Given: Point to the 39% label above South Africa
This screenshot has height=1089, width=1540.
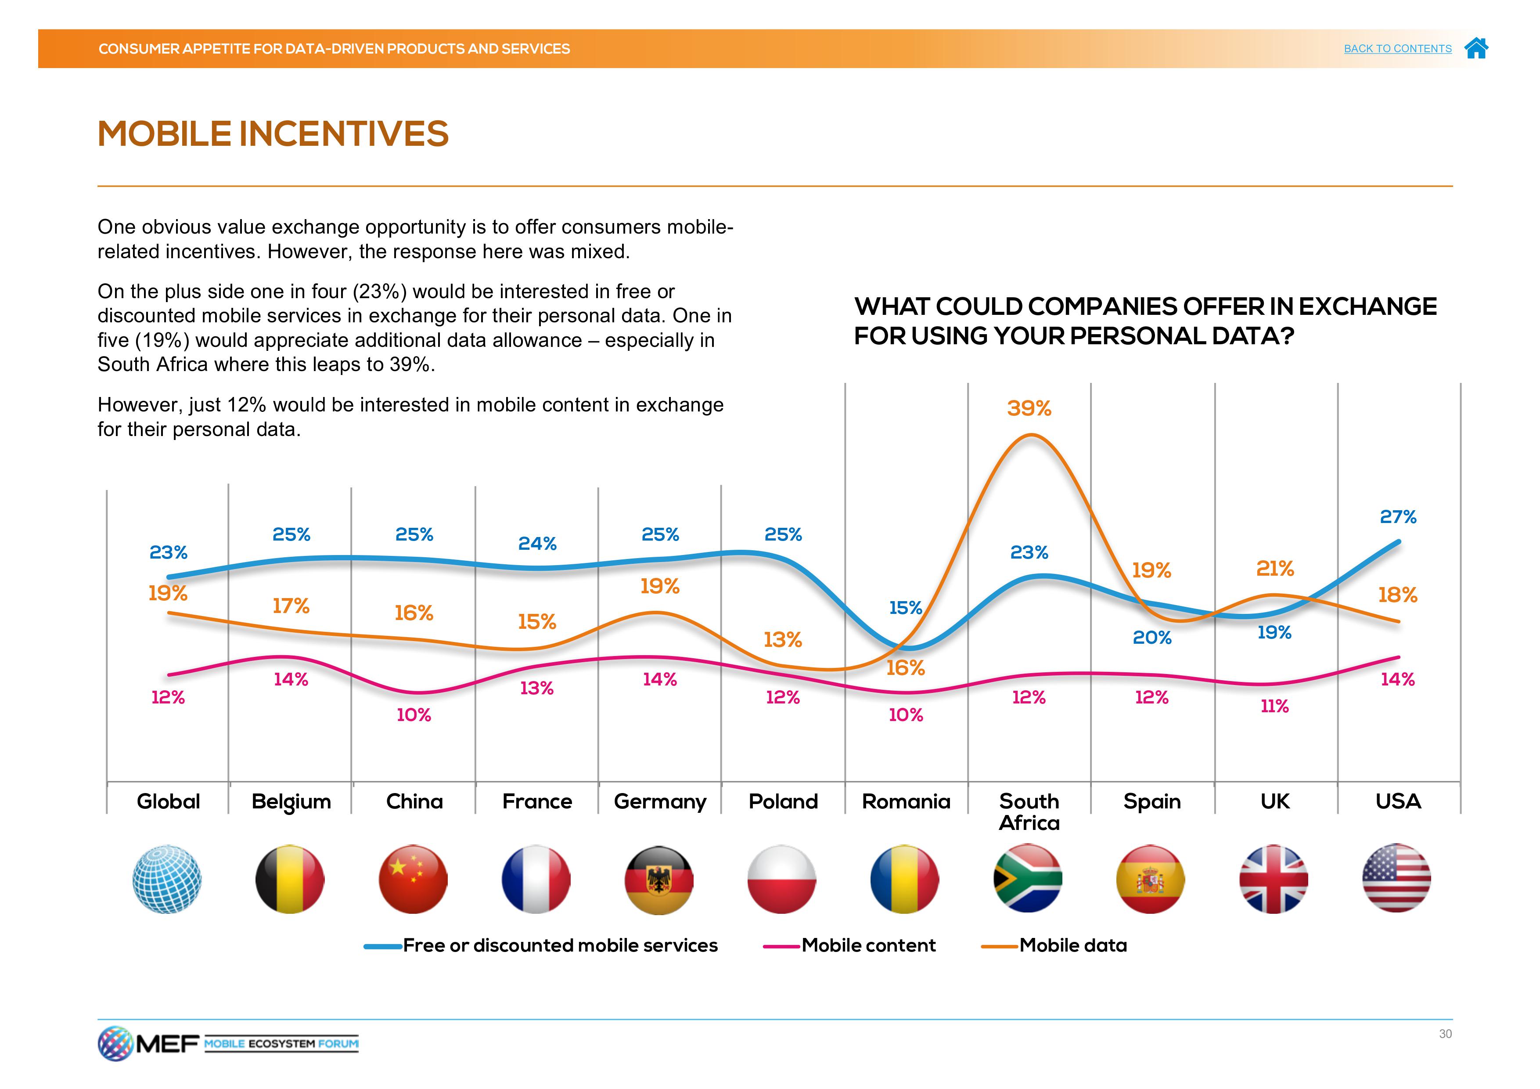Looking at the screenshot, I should click(1029, 408).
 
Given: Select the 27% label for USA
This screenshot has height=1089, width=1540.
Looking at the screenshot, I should click(1398, 517).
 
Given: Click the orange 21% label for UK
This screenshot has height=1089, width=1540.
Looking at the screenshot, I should click(1274, 568).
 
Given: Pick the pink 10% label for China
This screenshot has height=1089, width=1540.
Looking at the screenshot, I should click(414, 714).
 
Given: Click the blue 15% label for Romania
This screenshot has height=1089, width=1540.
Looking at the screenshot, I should click(906, 608).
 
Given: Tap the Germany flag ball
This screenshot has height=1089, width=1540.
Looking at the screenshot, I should click(658, 879).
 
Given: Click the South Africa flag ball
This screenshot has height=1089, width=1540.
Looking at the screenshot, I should click(1028, 879).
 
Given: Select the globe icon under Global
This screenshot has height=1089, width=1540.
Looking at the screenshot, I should click(167, 879).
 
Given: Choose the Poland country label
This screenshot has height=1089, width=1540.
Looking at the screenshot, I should click(783, 801).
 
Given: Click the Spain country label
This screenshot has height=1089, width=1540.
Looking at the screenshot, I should click(1151, 801).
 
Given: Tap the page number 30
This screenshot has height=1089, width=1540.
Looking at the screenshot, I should click(1445, 1034).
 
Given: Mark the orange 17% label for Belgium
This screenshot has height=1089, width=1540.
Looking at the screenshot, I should click(291, 606).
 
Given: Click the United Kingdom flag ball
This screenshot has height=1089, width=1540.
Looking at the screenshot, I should click(1273, 879).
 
